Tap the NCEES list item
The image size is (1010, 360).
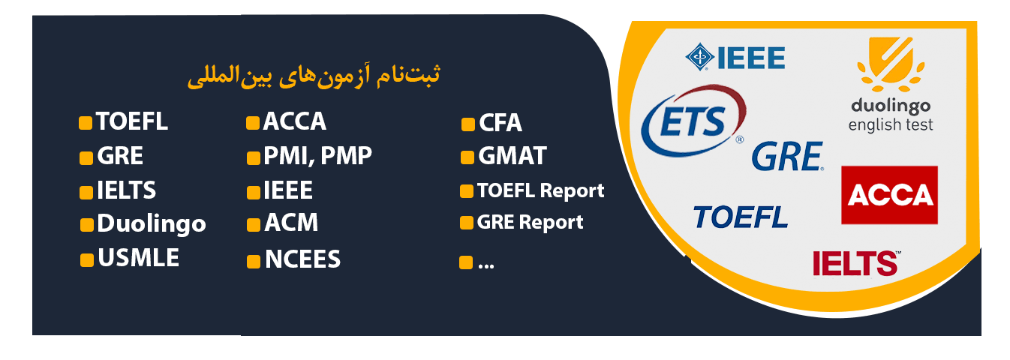[302, 260]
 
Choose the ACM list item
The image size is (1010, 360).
[291, 223]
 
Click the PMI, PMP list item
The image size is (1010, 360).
[317, 157]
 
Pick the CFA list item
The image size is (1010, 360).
[500, 123]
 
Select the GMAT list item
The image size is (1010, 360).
[512, 157]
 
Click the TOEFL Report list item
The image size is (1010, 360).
[540, 191]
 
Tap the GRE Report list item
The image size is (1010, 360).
[530, 223]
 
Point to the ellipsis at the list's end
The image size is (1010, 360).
[485, 262]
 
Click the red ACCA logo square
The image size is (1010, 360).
[889, 195]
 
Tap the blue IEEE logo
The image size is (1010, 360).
[735, 58]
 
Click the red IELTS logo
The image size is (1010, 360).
[855, 262]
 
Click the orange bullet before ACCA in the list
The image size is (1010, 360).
[253, 123]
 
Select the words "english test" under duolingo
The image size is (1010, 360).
[891, 125]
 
